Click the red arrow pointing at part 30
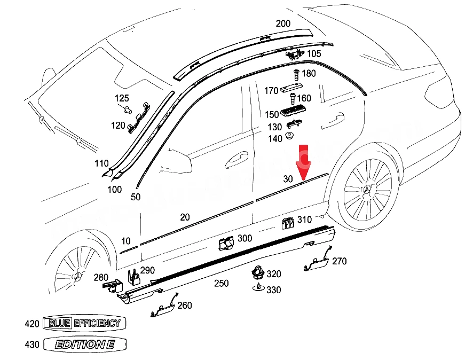(x=303, y=162)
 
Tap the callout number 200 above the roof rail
(x=283, y=24)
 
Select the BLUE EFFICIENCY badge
(x=84, y=324)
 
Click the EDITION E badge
(x=85, y=344)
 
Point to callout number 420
(x=32, y=324)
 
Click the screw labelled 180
(x=296, y=75)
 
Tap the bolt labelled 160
(x=293, y=99)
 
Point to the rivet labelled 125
(x=128, y=109)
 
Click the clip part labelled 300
(x=226, y=243)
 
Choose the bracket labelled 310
(x=288, y=223)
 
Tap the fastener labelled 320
(x=258, y=272)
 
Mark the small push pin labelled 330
(x=259, y=287)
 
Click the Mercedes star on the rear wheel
(x=367, y=190)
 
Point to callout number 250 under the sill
(x=222, y=283)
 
